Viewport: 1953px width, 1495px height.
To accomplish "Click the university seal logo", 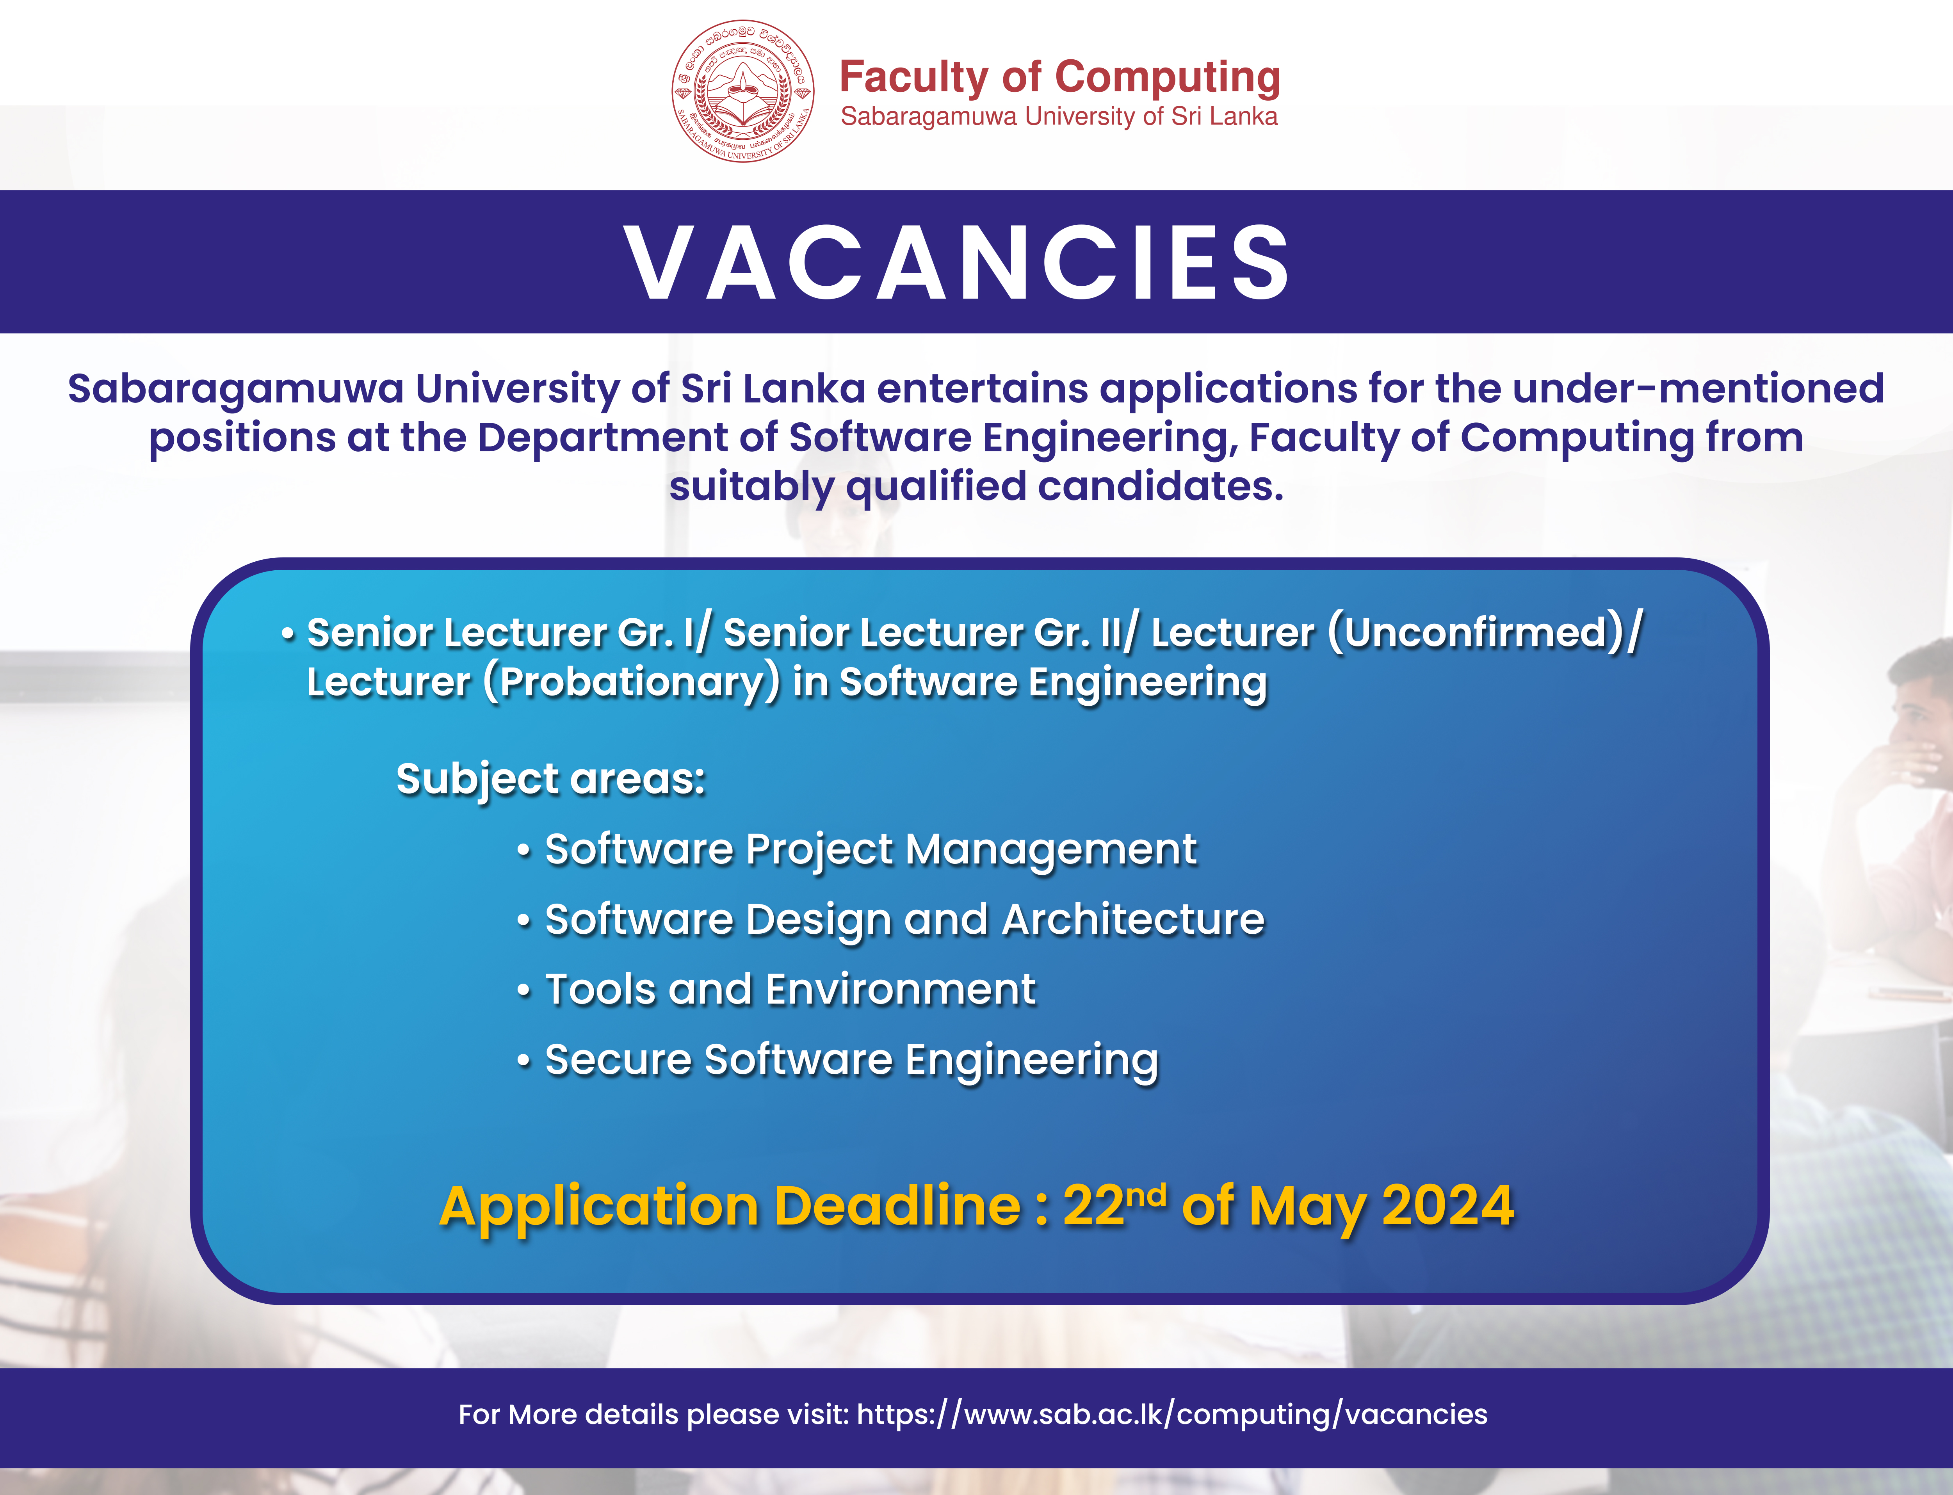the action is pyautogui.click(x=742, y=91).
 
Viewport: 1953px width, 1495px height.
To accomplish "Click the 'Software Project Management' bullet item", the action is pyautogui.click(x=870, y=850).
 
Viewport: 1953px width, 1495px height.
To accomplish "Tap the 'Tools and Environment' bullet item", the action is pyautogui.click(x=790, y=990).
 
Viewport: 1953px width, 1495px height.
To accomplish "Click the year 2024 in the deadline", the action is pyautogui.click(x=1447, y=1207).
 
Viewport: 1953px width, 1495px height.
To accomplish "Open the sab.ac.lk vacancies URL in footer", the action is pyautogui.click(x=1172, y=1414).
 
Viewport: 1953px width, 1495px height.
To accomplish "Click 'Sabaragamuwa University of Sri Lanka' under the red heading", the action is pyautogui.click(x=1059, y=117).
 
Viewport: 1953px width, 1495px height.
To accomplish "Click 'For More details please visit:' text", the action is pyautogui.click(x=654, y=1414).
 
